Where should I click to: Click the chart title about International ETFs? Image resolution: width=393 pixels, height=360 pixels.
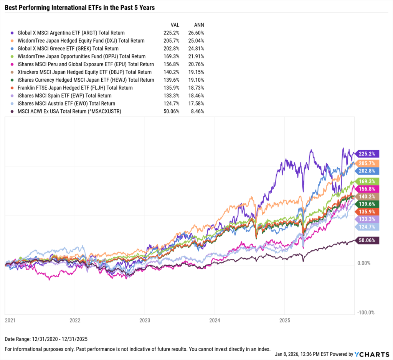click(80, 7)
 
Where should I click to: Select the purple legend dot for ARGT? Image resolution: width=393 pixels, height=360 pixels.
click(13, 33)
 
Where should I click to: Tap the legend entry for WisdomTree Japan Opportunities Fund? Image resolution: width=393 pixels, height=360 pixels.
click(81, 56)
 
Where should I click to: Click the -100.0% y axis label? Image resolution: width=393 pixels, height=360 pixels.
click(365, 312)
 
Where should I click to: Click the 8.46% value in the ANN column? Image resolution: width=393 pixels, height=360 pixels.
click(198, 112)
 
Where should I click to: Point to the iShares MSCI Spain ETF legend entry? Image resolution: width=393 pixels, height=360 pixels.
click(64, 96)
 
